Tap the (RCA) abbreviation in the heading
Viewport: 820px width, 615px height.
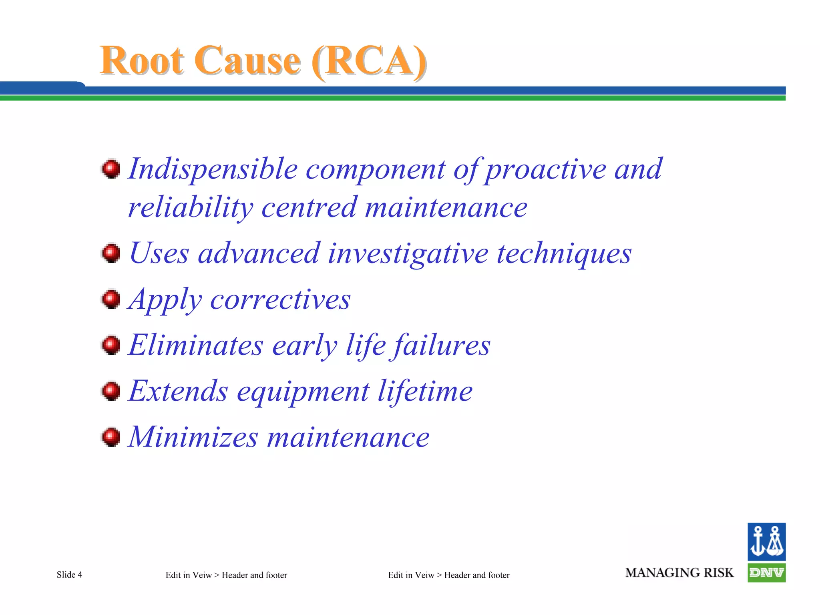click(x=369, y=62)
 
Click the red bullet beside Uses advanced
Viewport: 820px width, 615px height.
click(x=111, y=253)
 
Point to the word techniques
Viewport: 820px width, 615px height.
click(x=564, y=254)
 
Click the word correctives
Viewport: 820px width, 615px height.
click(x=280, y=300)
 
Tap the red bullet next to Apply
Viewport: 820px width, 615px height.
click(x=111, y=299)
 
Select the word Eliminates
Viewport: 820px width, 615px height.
click(x=196, y=345)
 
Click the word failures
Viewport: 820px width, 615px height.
click(x=440, y=345)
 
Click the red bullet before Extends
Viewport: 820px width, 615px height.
click(x=111, y=391)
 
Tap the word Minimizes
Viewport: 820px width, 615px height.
click(x=193, y=437)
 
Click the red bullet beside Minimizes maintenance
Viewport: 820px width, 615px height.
click(x=111, y=437)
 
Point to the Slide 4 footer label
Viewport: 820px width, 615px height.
click(x=69, y=575)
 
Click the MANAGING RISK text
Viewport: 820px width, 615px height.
click(x=679, y=573)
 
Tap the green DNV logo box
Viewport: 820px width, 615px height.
click(x=766, y=573)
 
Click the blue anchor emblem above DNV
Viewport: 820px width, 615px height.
click(x=766, y=542)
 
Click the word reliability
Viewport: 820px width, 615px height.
click(x=190, y=208)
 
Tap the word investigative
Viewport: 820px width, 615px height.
click(x=408, y=254)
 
